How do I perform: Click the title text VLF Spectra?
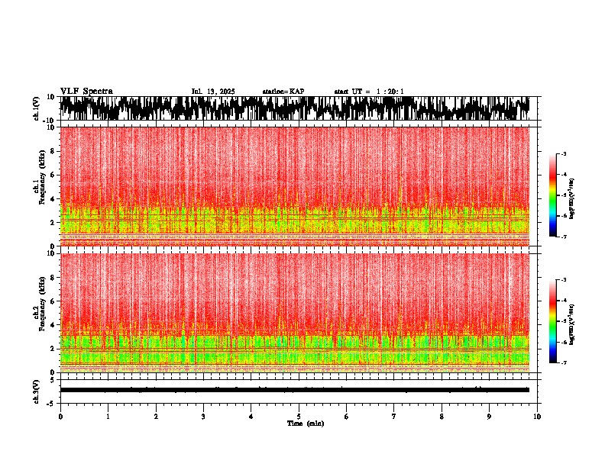coord(86,91)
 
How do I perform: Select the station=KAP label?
coord(283,92)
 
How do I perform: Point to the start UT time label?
coord(369,92)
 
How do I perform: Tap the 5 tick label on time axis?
coord(299,416)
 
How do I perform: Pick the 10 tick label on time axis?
coord(537,416)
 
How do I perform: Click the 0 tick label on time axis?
coord(60,416)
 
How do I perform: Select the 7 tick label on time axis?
coord(394,416)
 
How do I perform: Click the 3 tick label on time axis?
coord(203,416)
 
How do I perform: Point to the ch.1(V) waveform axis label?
coord(37,108)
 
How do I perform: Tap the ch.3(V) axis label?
coord(37,389)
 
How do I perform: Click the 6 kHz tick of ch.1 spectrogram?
coord(52,175)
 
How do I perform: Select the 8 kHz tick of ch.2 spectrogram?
coord(52,277)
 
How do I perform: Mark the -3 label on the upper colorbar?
coord(563,154)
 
